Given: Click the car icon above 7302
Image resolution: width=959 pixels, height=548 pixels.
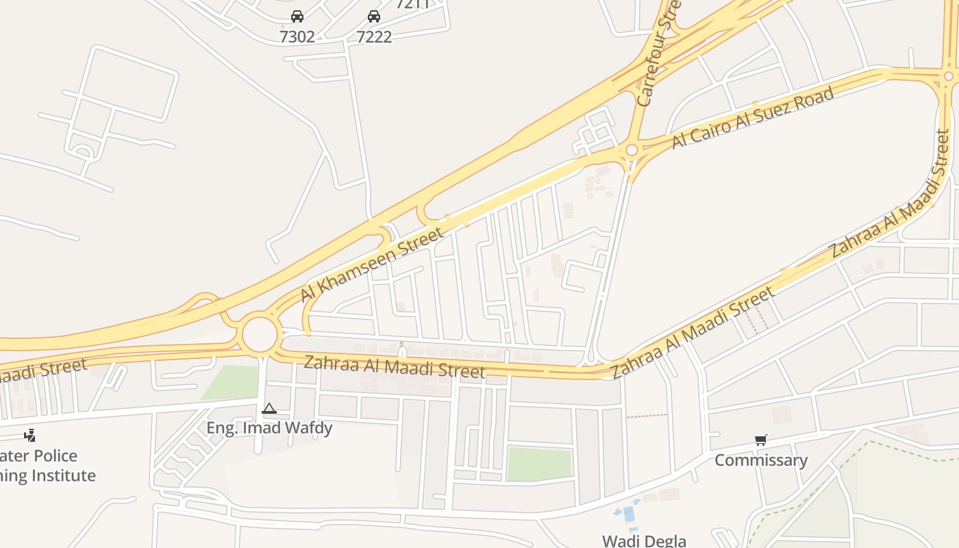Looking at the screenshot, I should point(297,16).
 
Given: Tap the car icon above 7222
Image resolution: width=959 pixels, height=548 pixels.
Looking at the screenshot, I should point(374,16).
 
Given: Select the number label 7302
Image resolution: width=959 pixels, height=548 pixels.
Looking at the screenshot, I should point(297,36).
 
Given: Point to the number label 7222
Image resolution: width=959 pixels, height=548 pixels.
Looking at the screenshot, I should point(374,36).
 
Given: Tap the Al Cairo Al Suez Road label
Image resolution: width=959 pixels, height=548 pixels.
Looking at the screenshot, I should point(753,117).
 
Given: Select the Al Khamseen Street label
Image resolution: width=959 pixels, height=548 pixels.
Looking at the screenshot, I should point(372,265).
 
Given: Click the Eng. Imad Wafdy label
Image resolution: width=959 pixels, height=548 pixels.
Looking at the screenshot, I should point(269,428).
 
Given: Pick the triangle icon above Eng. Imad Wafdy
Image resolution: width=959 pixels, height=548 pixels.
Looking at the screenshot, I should point(269,409).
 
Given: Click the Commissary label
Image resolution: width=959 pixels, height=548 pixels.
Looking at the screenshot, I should point(761,460).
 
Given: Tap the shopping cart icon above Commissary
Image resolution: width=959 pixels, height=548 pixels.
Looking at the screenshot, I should point(761,440).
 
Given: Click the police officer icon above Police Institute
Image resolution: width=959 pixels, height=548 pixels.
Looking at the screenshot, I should point(29,435).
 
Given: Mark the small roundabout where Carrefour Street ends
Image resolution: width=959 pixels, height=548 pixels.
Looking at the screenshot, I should point(632,150).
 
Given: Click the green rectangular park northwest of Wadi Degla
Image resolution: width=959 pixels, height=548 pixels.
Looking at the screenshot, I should point(539,464).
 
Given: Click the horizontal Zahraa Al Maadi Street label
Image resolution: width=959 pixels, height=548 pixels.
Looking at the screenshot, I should point(394,366).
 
